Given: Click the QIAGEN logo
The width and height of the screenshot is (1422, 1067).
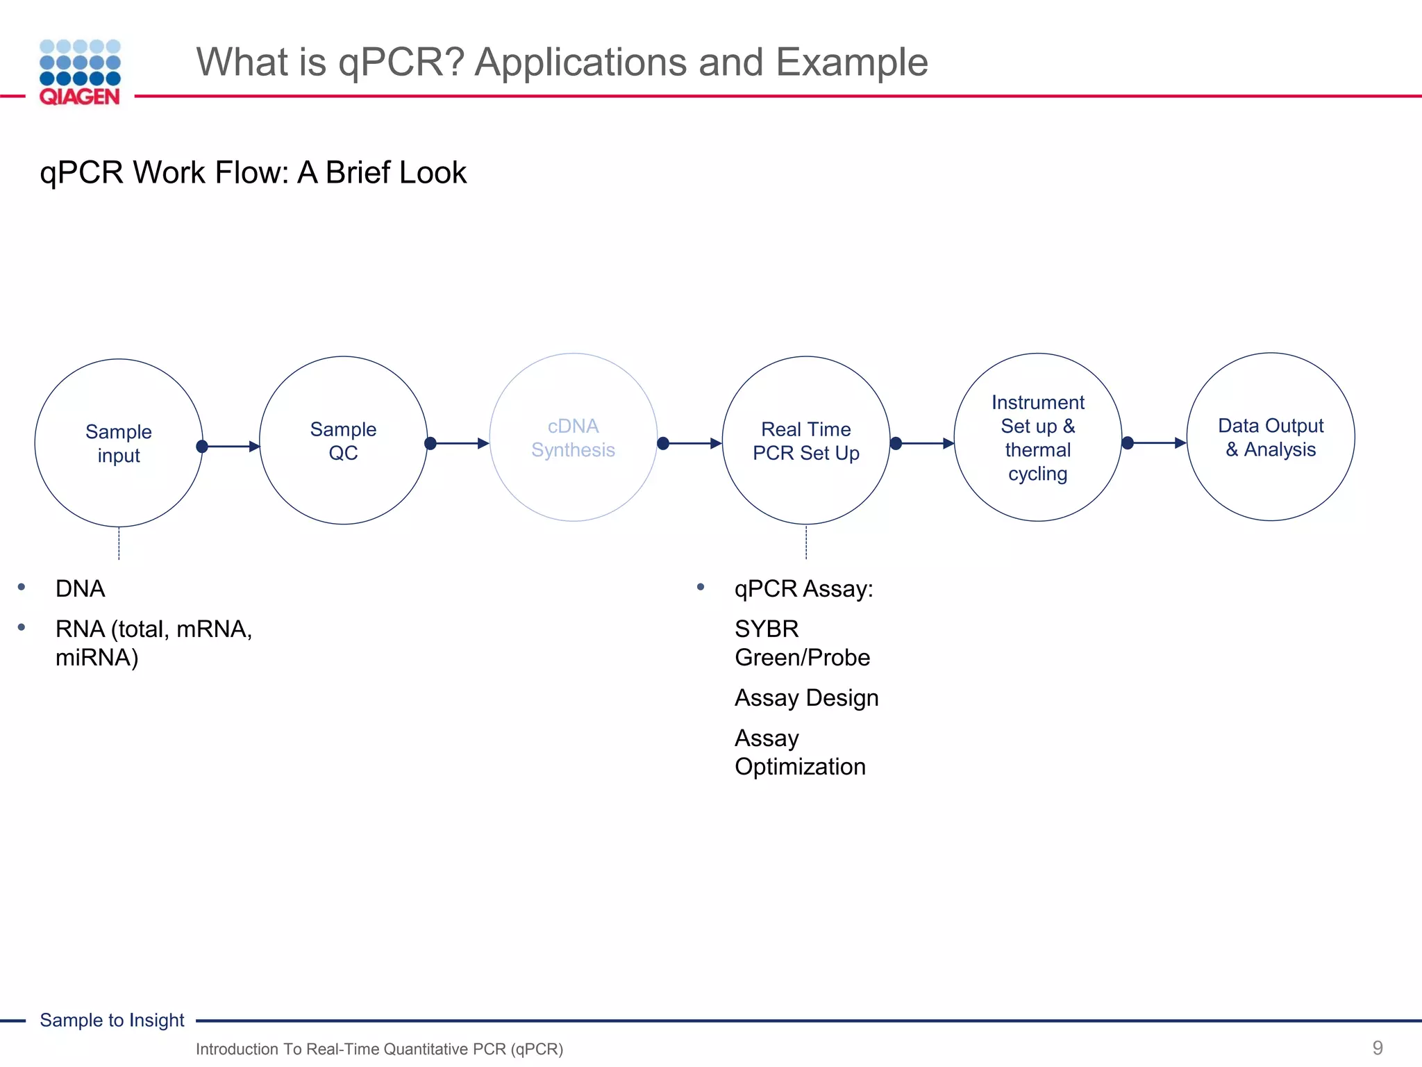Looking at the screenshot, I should pos(80,72).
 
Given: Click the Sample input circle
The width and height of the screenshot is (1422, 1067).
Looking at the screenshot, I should pos(119,442).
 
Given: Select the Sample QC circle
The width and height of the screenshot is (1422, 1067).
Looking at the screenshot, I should pos(343,440).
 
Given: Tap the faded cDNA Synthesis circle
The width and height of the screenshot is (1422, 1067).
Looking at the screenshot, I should pos(574,438).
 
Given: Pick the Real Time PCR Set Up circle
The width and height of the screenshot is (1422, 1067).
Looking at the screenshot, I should pos(806,440).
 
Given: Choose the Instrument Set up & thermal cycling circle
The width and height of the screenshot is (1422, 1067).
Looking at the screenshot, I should pos(1038,438).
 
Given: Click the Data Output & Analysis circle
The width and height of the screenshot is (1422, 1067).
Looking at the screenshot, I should pos(1271,437).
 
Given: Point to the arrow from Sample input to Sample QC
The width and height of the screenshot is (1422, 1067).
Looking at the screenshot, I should pos(231,446).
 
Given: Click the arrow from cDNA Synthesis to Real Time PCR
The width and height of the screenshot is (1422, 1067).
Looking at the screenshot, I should pos(692,443).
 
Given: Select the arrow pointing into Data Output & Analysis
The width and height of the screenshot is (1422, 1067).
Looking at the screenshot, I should pos(1157,442).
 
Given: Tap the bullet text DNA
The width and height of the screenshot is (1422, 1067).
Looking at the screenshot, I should pos(81,588).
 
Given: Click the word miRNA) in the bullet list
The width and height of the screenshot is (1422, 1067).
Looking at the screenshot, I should pos(97,657).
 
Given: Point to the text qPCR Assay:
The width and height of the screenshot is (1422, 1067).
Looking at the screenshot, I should pos(803,588).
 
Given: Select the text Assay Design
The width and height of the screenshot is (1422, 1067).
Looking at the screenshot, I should pos(806,697).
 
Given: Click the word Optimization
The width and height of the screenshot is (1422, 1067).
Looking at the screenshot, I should pos(800,766).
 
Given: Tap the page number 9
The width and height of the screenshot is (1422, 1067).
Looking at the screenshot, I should pos(1378,1048).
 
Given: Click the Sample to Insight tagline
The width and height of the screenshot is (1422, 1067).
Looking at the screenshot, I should pos(112,1020).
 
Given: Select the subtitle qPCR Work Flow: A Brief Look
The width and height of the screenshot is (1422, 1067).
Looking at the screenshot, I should pos(253,172).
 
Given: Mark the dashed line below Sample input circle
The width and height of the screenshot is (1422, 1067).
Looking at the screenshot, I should pos(119,543).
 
